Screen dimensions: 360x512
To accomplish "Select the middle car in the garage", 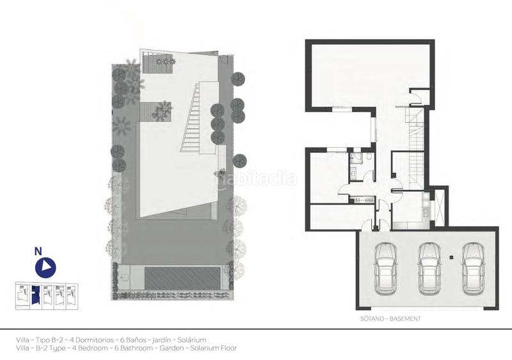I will coord(429,267).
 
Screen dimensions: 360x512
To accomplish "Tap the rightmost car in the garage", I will coord(472,267).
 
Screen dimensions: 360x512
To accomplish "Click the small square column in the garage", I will coord(452,257).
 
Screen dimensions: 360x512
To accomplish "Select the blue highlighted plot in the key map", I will coord(36,295).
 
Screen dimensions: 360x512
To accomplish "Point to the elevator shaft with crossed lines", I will coord(438,208).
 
